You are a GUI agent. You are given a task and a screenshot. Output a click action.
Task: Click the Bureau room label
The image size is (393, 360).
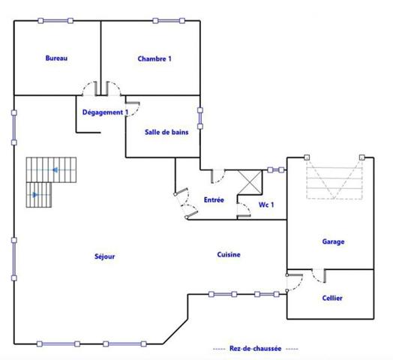pos(56,58)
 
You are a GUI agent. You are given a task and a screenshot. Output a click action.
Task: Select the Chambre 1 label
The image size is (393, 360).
pos(154,58)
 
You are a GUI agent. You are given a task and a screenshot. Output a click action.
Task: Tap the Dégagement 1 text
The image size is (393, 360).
pos(105,112)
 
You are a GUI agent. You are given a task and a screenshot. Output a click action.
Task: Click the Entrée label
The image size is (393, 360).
pos(214,199)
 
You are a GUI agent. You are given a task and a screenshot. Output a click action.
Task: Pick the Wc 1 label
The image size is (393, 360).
pos(266,204)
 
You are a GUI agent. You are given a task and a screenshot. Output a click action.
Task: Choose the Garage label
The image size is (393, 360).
pos(333,241)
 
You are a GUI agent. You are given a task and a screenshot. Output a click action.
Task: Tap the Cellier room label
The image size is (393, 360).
pos(332,298)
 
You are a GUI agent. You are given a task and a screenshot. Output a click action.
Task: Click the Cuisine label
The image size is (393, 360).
pos(229,255)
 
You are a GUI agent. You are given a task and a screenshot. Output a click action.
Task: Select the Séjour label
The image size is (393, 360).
pos(105,256)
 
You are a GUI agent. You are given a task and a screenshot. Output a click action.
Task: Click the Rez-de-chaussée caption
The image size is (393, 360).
pos(255,349)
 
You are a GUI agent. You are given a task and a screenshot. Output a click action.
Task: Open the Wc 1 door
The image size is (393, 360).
pos(244,208)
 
